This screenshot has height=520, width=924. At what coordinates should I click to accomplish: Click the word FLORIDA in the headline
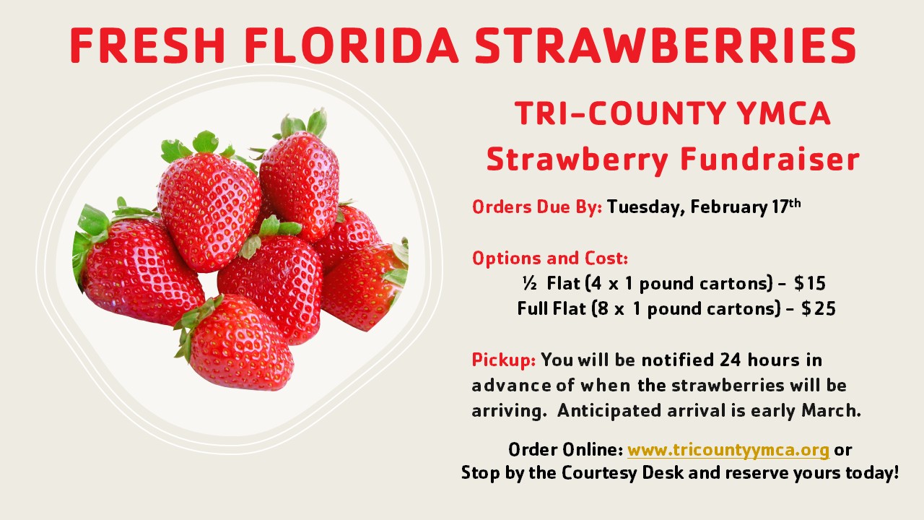click(x=352, y=45)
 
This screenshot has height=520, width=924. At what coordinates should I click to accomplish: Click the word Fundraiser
click(x=770, y=160)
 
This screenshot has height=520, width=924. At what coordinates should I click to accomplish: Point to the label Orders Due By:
click(x=537, y=207)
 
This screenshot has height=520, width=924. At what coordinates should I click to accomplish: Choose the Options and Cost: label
click(x=550, y=259)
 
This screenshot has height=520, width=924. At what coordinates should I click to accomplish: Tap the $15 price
click(x=810, y=284)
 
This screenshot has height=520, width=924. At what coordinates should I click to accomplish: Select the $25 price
click(x=819, y=308)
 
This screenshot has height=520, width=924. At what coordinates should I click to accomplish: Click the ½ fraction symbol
click(x=529, y=284)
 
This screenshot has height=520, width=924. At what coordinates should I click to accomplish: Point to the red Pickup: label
click(x=504, y=360)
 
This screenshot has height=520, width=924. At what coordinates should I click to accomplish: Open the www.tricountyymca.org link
click(x=728, y=450)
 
